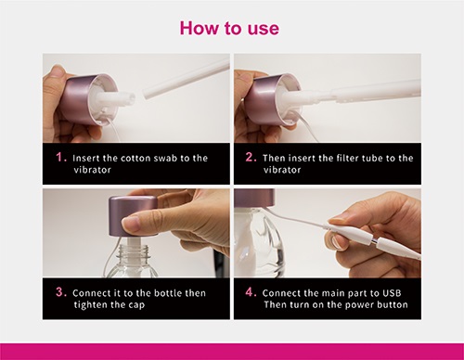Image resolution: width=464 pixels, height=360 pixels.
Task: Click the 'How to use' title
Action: click(x=229, y=28)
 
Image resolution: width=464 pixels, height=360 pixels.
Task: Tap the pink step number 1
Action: click(x=61, y=157)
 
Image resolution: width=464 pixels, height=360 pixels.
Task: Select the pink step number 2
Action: click(x=251, y=157)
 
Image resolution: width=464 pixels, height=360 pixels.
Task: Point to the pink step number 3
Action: click(x=61, y=291)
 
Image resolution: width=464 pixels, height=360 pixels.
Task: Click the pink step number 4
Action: click(x=251, y=291)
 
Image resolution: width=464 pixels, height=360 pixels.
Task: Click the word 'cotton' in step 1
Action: click(x=135, y=159)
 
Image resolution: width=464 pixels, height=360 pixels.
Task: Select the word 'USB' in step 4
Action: click(x=392, y=293)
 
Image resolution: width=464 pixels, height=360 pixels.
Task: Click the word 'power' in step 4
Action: click(x=357, y=305)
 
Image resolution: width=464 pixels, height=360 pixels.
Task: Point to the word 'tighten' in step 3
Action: click(x=91, y=305)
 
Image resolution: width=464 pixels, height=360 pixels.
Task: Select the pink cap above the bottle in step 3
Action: click(x=133, y=216)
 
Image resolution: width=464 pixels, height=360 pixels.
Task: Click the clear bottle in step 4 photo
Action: click(x=259, y=243)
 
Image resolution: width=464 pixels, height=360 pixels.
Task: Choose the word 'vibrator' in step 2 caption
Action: click(x=282, y=170)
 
